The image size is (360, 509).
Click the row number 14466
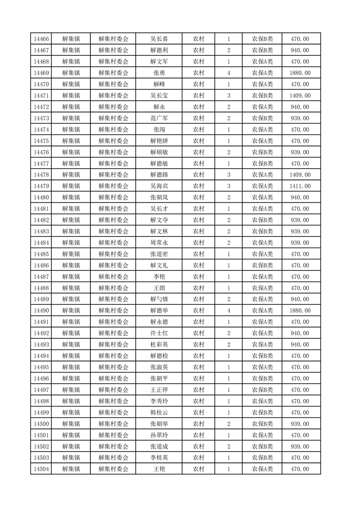pos(41,39)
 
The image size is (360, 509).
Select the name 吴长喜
pos(159,39)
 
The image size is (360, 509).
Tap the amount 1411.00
pos(300,186)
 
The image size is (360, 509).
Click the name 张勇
pos(159,73)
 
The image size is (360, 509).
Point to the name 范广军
pos(159,118)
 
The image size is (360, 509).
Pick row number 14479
pos(41,186)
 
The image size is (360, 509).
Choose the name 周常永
pos(159,243)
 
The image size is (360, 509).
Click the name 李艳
pos(159,277)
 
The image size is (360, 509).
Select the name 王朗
pos(159,288)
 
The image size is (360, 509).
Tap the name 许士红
pos(159,333)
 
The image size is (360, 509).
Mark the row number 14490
pos(41,311)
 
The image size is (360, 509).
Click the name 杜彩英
pos(159,345)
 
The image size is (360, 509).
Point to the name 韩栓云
pos(159,412)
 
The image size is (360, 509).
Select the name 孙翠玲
pos(159,435)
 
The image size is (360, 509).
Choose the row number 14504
pos(41,469)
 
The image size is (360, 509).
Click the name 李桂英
pos(159,458)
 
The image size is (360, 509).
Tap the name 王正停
pos(159,390)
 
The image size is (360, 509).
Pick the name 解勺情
pos(159,299)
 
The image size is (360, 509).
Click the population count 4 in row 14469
pos(228,73)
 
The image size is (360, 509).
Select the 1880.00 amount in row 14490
pos(300,311)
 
